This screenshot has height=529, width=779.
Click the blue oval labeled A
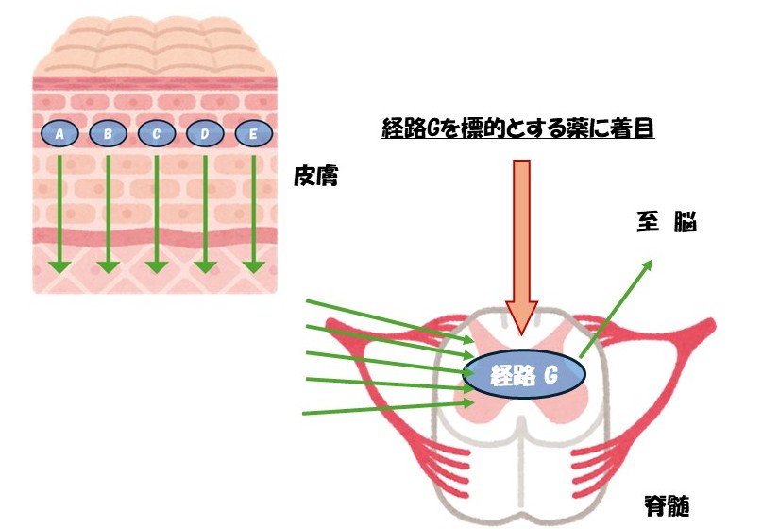[x=59, y=134]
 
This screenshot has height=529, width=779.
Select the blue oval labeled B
[x=108, y=134]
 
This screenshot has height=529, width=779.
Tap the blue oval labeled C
[x=156, y=134]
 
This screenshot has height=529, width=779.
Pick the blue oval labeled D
[x=205, y=134]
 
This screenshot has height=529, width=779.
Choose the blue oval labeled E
[x=253, y=134]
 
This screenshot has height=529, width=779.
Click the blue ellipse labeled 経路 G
[x=523, y=376]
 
